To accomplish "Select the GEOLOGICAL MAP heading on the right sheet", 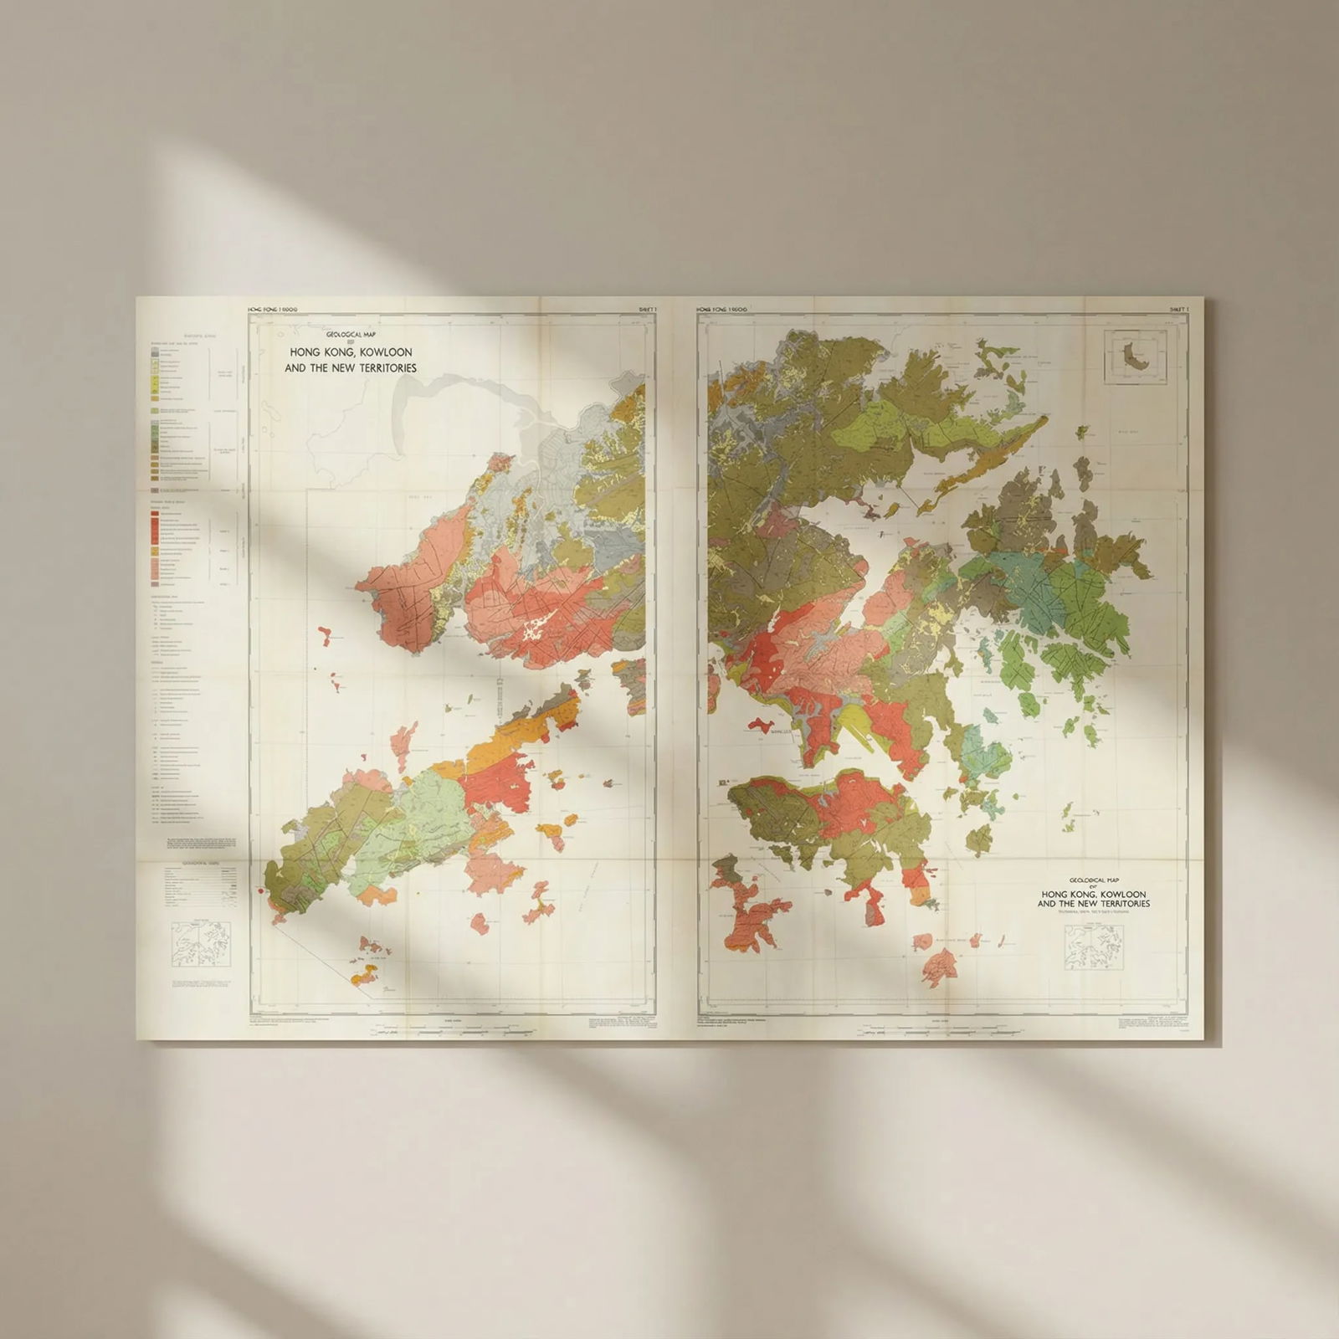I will click(x=1093, y=880).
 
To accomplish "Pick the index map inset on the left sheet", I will click(x=200, y=945).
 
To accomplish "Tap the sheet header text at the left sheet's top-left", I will click(x=274, y=310).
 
